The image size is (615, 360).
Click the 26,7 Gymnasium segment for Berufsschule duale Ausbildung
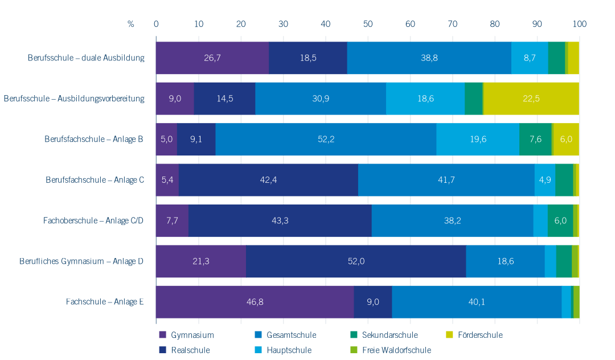click(x=212, y=58)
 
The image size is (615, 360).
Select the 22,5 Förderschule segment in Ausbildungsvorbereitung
click(x=531, y=99)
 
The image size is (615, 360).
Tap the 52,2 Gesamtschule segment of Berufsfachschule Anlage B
click(x=326, y=139)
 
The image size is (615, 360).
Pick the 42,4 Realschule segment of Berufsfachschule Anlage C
click(x=268, y=180)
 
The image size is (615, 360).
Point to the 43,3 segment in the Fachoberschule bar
click(x=280, y=220)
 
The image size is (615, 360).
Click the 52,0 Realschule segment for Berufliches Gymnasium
click(x=356, y=261)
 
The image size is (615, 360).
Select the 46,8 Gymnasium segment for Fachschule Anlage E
click(x=255, y=302)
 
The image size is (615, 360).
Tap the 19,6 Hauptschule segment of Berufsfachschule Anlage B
click(x=478, y=139)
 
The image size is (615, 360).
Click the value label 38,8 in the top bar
click(x=429, y=58)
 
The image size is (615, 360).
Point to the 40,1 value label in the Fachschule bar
click(x=477, y=302)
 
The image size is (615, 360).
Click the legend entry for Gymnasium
click(x=187, y=335)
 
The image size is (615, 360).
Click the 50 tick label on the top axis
click(x=368, y=24)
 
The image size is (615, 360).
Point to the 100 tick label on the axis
click(x=579, y=24)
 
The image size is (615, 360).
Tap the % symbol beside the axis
click(x=130, y=24)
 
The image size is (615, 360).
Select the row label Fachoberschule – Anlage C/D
click(x=93, y=220)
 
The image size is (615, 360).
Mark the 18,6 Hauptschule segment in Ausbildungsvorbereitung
click(x=425, y=99)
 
